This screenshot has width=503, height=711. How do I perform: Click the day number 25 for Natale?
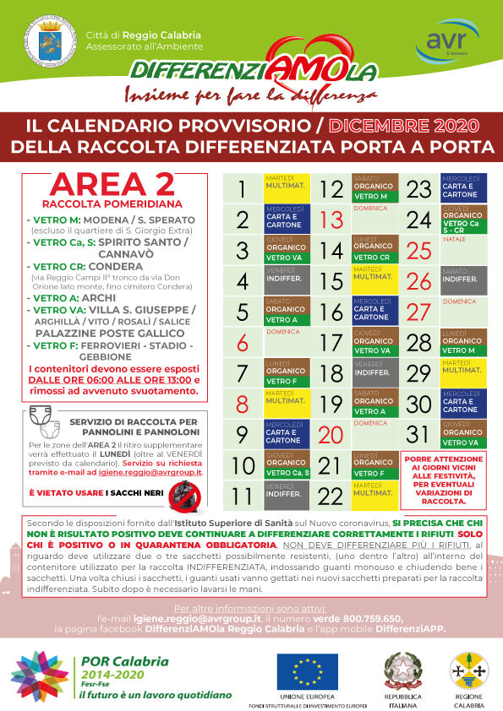click(x=419, y=251)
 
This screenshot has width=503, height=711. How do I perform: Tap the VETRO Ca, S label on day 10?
click(x=287, y=473)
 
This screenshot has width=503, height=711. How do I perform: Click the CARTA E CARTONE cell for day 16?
click(x=373, y=312)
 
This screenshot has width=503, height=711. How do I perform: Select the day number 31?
click(x=419, y=434)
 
